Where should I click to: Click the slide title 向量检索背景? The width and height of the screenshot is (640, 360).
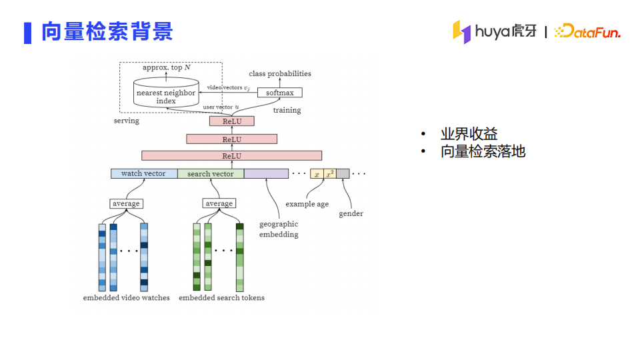tap(107, 31)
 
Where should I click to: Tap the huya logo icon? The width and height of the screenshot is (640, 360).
tap(461, 31)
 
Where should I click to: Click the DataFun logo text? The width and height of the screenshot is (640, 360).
tap(587, 31)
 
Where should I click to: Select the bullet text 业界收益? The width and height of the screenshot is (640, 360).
tap(469, 133)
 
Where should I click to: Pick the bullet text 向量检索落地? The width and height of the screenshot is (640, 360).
tap(483, 151)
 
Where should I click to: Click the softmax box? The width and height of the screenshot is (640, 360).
tap(280, 93)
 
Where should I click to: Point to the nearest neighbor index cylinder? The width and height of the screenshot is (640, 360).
tap(166, 92)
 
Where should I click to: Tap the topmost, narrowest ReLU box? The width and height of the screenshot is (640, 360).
tap(232, 121)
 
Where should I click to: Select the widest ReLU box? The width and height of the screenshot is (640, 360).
tap(232, 155)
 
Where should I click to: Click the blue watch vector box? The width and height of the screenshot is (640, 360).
tap(144, 173)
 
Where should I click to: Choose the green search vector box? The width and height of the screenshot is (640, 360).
tap(211, 173)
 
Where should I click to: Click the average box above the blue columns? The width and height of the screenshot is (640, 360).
tap(126, 203)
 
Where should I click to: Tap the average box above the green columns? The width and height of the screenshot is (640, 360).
tap(219, 203)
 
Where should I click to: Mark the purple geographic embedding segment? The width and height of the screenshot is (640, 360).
tap(266, 173)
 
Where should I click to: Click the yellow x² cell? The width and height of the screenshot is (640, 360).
tap(330, 173)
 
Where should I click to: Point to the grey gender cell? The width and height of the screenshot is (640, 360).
tap(343, 173)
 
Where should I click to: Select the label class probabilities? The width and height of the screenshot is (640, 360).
tap(280, 73)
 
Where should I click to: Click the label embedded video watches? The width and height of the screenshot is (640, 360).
tap(127, 297)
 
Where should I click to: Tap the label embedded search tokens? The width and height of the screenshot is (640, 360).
tap(221, 297)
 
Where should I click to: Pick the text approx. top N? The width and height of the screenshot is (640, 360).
tap(167, 67)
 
